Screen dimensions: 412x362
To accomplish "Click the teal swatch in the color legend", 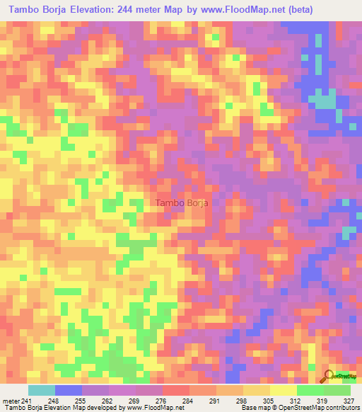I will [x=42, y=390].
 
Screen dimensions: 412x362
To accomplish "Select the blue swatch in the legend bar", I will [x=69, y=390].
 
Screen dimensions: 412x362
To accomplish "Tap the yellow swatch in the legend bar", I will [x=284, y=390].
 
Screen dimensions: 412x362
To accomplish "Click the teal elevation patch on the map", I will [x=325, y=101].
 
